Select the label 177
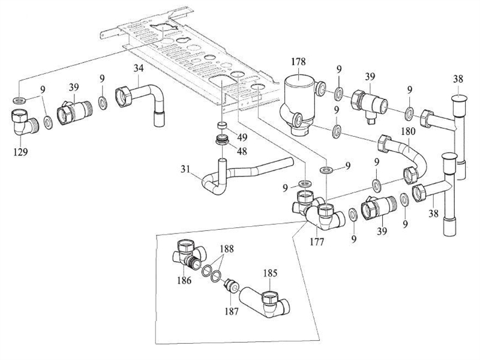click(317, 242)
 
